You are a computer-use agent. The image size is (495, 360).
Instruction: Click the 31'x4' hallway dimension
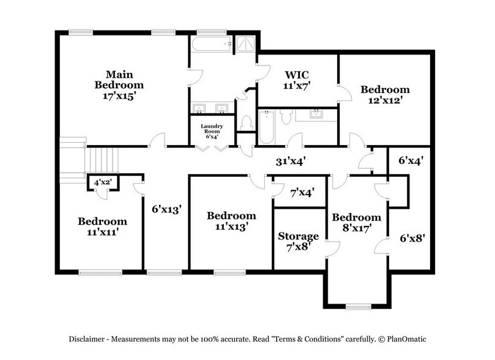coord(291,162)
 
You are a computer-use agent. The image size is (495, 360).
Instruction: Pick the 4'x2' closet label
coord(103,182)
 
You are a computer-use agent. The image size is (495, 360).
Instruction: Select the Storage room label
coord(299,236)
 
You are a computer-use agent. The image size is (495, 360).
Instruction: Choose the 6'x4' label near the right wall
coord(412,160)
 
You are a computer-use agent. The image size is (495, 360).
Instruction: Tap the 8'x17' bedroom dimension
coord(356,228)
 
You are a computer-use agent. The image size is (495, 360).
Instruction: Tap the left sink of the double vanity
coord(199,109)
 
